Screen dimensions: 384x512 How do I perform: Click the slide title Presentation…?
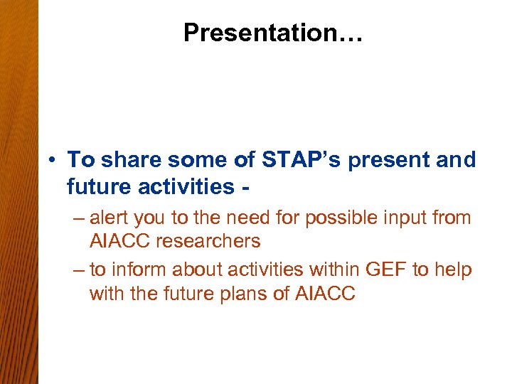273,33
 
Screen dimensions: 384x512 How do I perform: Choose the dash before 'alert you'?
78,218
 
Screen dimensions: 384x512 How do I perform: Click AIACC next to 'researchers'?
120,241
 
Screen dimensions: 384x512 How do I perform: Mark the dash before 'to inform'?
78,270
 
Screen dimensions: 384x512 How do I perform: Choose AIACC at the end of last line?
324,294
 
